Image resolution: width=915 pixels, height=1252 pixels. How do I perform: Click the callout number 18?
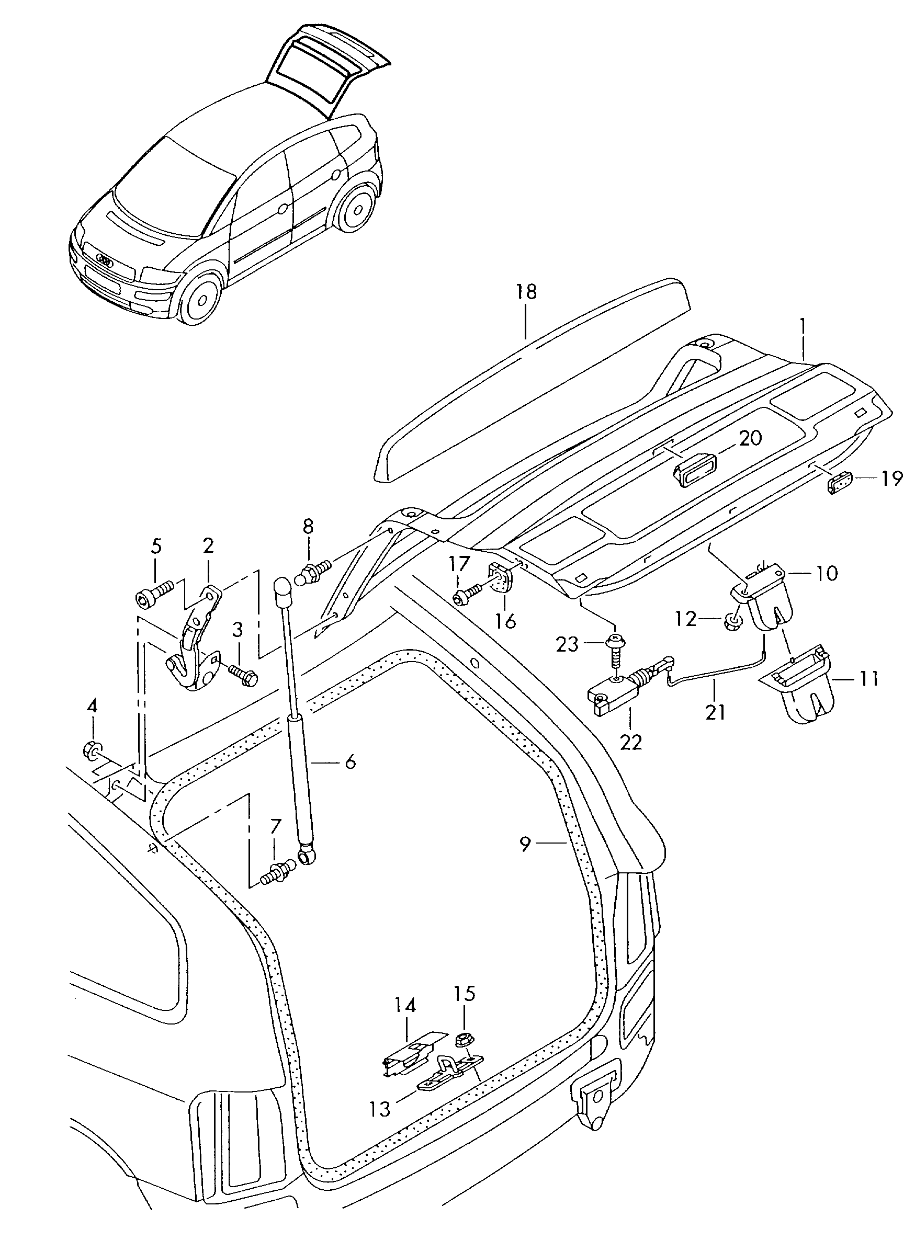[x=526, y=292]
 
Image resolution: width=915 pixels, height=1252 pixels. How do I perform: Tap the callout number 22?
[x=631, y=742]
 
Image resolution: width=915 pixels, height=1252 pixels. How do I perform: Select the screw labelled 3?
[x=242, y=675]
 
